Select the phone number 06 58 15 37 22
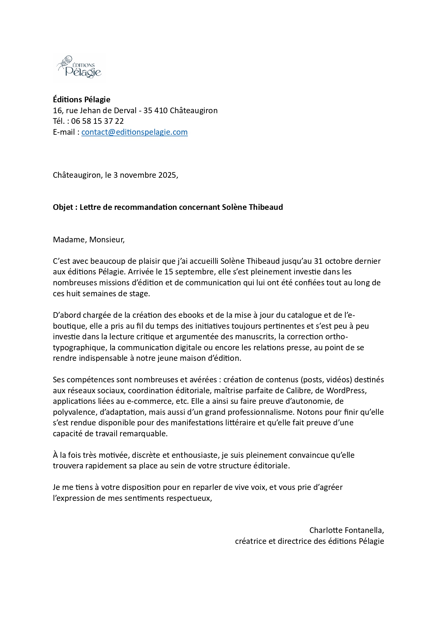pyautogui.click(x=97, y=121)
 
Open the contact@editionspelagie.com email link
pyautogui.click(x=134, y=132)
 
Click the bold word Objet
pyautogui.click(x=63, y=207)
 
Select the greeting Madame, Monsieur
pyautogui.click(x=88, y=240)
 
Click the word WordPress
pyautogui.click(x=346, y=391)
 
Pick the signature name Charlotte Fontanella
pyautogui.click(x=346, y=530)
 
